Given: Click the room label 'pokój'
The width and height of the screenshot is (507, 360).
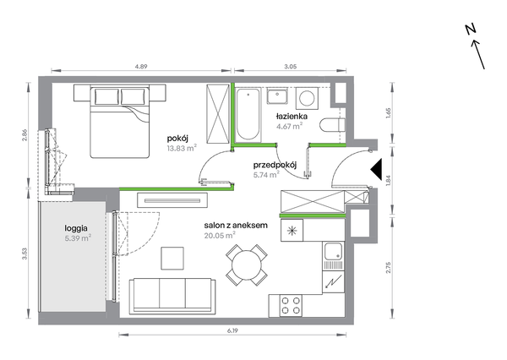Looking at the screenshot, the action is pyautogui.click(x=177, y=139).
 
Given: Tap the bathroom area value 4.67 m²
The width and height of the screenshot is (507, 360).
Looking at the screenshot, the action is pyautogui.click(x=289, y=126).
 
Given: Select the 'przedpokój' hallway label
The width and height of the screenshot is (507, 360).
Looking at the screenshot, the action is pyautogui.click(x=275, y=166).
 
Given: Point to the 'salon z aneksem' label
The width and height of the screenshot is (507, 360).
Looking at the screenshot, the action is pyautogui.click(x=236, y=225).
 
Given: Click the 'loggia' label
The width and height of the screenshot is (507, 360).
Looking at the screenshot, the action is pyautogui.click(x=76, y=228).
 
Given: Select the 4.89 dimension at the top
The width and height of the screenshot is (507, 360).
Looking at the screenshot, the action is pyautogui.click(x=141, y=67).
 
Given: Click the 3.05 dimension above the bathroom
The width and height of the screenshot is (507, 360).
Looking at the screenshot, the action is pyautogui.click(x=291, y=67).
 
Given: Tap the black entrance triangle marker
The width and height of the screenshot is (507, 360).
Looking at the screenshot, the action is pyautogui.click(x=377, y=169).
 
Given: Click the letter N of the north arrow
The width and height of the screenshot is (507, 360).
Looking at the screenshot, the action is pyautogui.click(x=471, y=29).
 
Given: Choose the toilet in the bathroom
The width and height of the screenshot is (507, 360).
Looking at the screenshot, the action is pyautogui.click(x=332, y=125).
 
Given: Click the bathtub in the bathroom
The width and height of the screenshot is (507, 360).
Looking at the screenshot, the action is pyautogui.click(x=248, y=114).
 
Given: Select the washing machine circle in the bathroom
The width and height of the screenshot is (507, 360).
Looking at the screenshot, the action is pyautogui.click(x=307, y=98).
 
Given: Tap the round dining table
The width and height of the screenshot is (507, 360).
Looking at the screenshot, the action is pyautogui.click(x=247, y=265).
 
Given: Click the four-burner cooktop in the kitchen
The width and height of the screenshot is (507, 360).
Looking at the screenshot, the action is pyautogui.click(x=291, y=306).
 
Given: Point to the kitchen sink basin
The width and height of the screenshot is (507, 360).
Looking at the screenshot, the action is pyautogui.click(x=333, y=252).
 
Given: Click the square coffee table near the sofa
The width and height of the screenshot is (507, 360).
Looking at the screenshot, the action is pyautogui.click(x=172, y=258).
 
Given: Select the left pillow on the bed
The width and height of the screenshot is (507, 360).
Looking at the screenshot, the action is pyautogui.click(x=106, y=96).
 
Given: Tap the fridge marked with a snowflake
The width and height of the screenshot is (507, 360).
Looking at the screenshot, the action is pyautogui.click(x=292, y=231).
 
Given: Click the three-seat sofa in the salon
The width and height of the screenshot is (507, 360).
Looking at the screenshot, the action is pyautogui.click(x=172, y=296).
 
